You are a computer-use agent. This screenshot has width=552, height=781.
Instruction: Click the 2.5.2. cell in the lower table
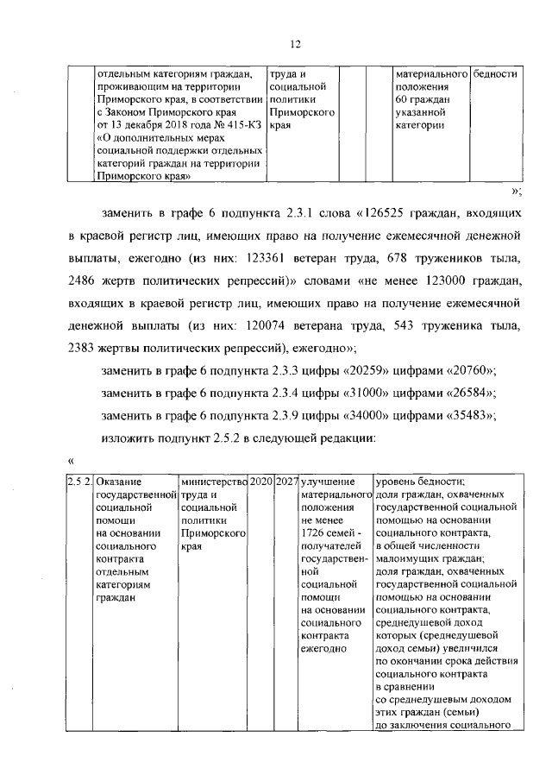(79, 480)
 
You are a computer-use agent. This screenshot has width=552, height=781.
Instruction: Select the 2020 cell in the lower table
(261, 480)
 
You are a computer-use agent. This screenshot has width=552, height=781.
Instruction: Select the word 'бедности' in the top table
(495, 73)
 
